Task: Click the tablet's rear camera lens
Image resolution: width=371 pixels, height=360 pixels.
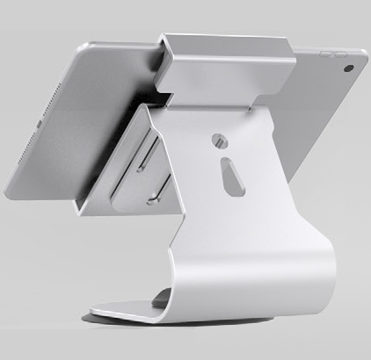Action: coord(349,68)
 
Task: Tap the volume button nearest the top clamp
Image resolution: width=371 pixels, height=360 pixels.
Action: coord(325,52)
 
